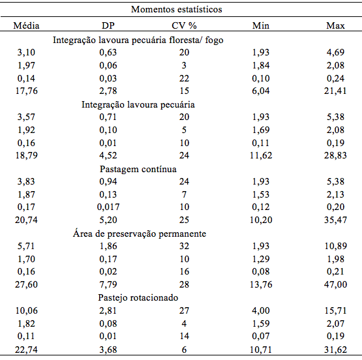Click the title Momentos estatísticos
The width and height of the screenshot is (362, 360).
tap(177, 10)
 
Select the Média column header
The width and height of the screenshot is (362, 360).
tap(26, 25)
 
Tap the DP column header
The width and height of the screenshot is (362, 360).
tap(108, 25)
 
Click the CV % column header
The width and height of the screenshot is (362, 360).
tap(184, 25)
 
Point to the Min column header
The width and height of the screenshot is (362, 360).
tap(261, 25)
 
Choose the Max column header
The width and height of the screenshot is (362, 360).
tap(335, 25)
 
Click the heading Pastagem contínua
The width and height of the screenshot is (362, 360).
tap(138, 169)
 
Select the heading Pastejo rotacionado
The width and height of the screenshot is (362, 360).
tap(138, 297)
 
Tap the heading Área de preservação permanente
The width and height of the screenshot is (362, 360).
tap(140, 233)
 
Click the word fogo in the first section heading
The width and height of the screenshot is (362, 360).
tap(214, 40)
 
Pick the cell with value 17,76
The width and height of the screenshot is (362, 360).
tap(26, 91)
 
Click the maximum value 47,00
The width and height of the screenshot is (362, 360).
tap(335, 284)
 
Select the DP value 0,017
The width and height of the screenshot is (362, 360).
tap(108, 207)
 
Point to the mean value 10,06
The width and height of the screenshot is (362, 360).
tap(26, 310)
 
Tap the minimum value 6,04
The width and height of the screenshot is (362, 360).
tap(261, 91)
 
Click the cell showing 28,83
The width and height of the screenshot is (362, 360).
tap(335, 155)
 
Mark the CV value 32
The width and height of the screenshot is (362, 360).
tap(184, 246)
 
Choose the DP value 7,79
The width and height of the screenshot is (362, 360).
tap(108, 284)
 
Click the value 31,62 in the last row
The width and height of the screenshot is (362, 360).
tap(335, 350)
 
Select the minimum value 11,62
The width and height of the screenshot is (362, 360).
tap(261, 155)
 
